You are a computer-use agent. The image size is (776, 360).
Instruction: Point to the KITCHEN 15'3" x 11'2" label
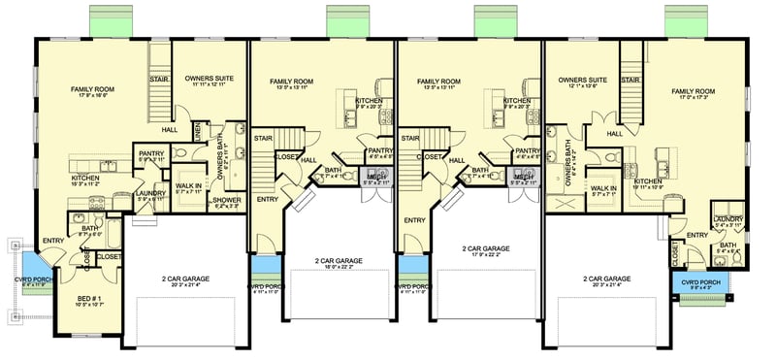pyautogui.click(x=87, y=181)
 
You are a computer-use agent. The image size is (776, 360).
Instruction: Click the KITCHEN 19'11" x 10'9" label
pyautogui.click(x=647, y=183)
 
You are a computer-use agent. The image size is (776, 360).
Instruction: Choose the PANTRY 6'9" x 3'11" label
pyautogui.click(x=151, y=155)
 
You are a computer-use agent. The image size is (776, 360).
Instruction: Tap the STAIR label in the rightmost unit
pyautogui.click(x=629, y=80)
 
